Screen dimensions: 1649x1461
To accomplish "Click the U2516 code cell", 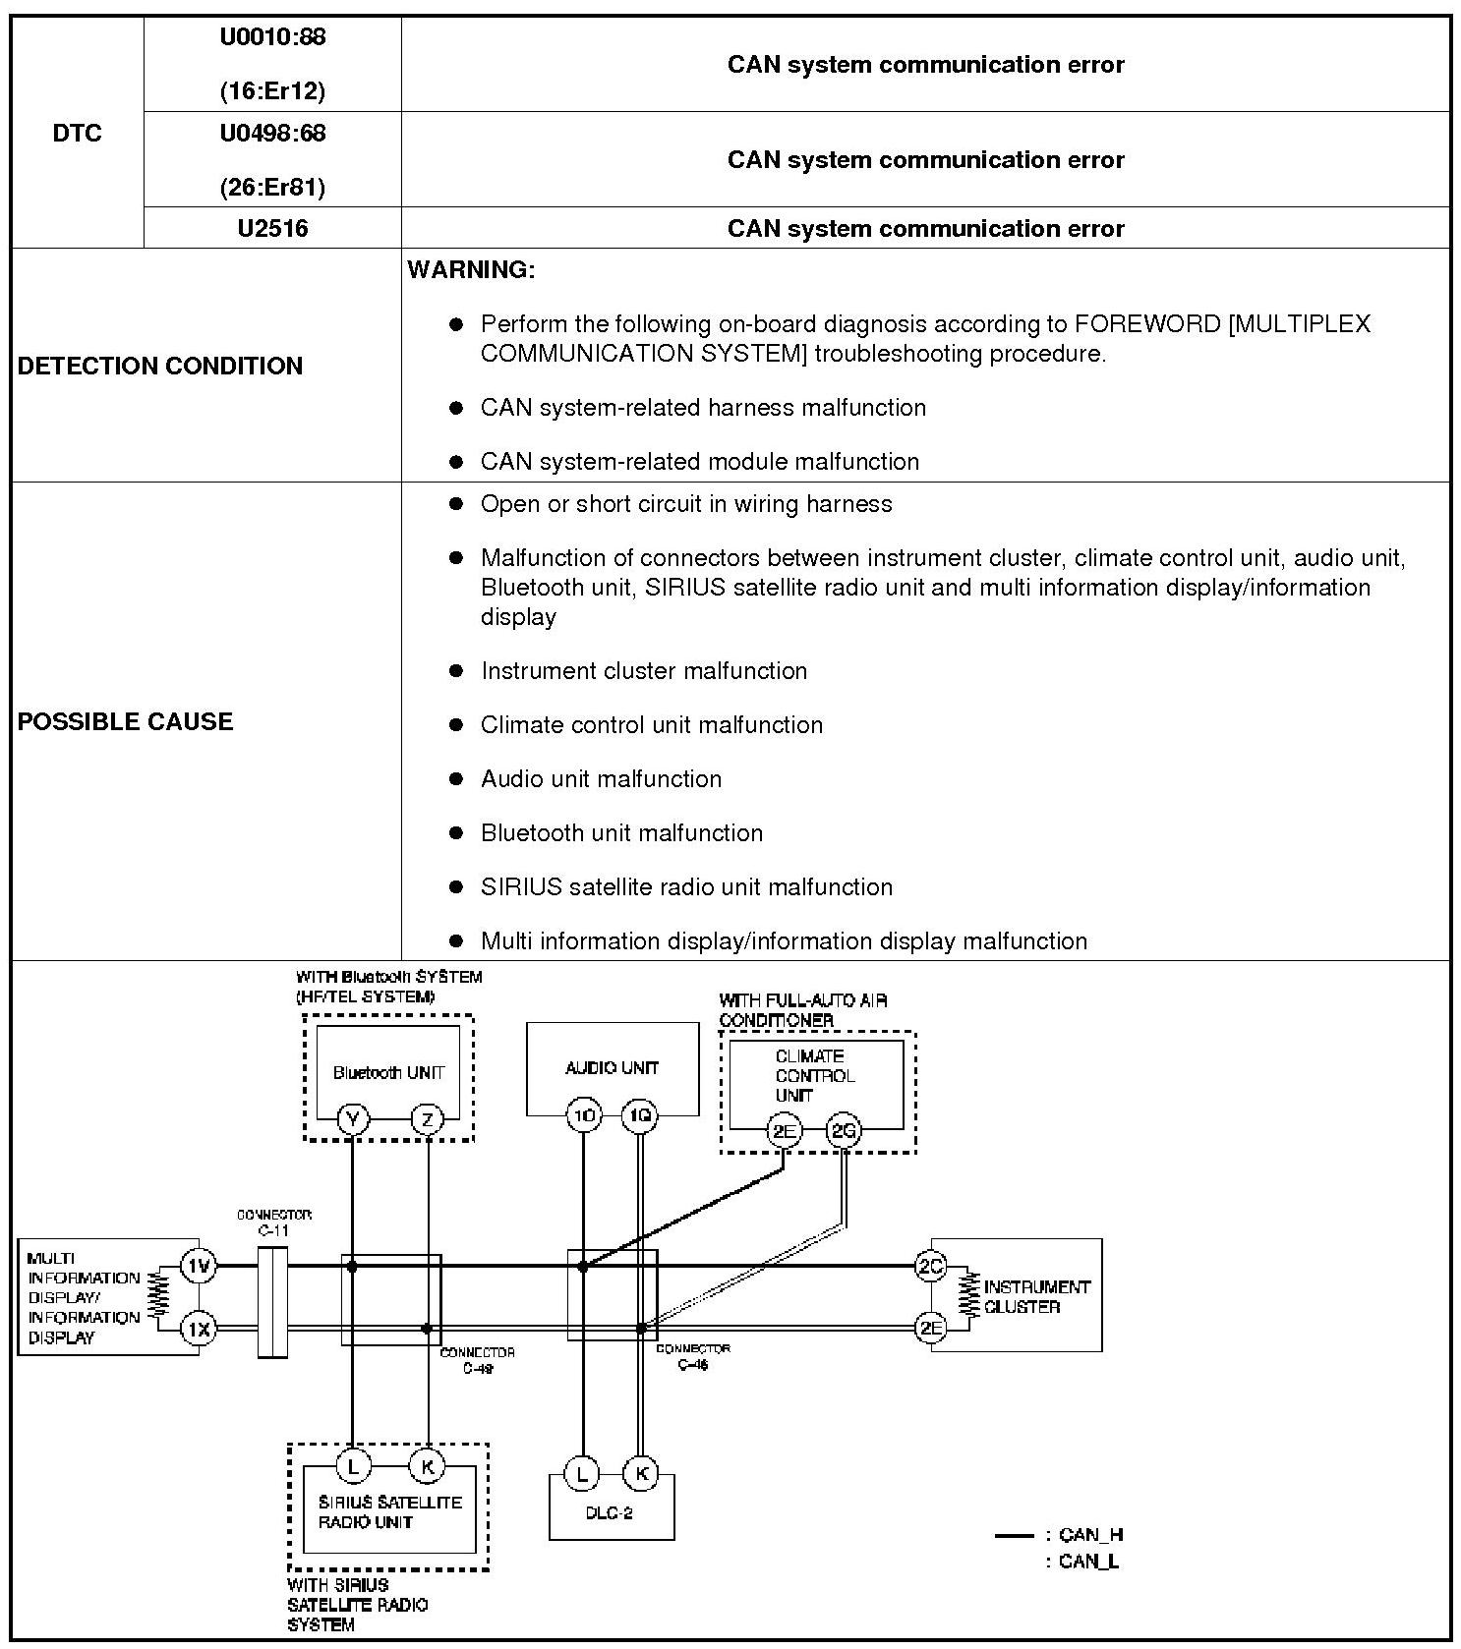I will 272,229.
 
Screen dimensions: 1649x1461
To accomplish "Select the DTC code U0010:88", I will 272,37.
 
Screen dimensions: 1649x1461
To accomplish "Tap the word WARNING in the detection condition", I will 471,270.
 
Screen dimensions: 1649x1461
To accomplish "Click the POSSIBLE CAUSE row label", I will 126,721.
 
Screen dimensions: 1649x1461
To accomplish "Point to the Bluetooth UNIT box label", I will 388,1072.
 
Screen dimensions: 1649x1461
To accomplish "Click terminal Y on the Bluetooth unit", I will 352,1119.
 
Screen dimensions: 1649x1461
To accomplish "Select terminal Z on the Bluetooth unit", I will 428,1119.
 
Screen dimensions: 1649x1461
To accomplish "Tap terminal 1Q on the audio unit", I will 641,1115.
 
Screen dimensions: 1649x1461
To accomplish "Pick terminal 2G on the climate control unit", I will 845,1131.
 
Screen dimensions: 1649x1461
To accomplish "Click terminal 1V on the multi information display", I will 200,1266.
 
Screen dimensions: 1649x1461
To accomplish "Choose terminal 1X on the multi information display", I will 200,1330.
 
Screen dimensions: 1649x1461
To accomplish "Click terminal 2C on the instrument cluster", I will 930,1266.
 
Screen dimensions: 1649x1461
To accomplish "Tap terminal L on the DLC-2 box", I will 582,1474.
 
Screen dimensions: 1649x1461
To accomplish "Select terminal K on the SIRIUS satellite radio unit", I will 428,1466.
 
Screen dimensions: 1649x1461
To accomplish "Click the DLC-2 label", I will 610,1513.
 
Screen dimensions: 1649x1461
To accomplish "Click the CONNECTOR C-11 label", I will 274,1223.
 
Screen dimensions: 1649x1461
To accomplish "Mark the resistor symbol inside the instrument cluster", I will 970,1296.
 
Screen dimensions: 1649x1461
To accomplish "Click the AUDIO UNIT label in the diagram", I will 612,1067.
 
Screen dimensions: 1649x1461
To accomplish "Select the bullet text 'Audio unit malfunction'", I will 601,779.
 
